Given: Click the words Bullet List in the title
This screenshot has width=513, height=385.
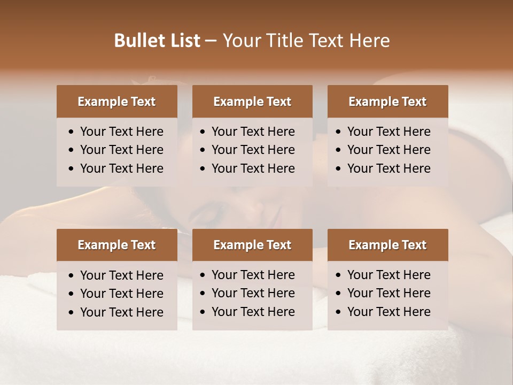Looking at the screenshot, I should [x=157, y=41].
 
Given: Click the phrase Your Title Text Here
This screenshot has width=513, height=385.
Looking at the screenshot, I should [x=306, y=41].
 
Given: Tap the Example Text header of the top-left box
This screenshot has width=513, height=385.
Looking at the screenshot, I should [x=116, y=102].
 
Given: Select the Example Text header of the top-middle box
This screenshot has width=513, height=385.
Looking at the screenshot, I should [x=252, y=102].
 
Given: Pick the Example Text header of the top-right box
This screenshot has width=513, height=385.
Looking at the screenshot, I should [x=387, y=102].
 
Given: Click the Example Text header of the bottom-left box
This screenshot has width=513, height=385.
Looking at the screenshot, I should [x=116, y=245].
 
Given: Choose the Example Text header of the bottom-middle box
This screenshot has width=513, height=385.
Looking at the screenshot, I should [x=252, y=245].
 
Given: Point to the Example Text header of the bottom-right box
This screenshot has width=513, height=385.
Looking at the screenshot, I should [x=387, y=245].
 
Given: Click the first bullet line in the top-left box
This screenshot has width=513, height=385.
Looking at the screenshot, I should [x=122, y=132].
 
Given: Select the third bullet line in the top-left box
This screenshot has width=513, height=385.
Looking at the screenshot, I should [x=122, y=168].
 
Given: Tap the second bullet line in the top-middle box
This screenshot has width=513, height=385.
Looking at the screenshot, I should [x=253, y=150].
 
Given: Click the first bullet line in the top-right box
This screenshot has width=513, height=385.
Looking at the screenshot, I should [x=389, y=132].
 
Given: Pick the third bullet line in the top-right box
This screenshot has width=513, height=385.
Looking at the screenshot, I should [x=389, y=168].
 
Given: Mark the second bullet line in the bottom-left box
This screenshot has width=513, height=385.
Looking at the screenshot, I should [x=122, y=294].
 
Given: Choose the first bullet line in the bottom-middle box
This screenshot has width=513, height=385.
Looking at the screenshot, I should [x=253, y=275].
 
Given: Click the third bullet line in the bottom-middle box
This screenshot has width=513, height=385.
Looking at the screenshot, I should [x=253, y=312].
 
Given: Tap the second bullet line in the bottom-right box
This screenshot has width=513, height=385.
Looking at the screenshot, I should [x=389, y=293].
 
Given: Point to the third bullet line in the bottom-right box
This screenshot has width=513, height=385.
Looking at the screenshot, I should [x=389, y=312].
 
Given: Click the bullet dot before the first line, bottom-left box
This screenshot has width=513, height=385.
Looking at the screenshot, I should [x=72, y=276].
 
